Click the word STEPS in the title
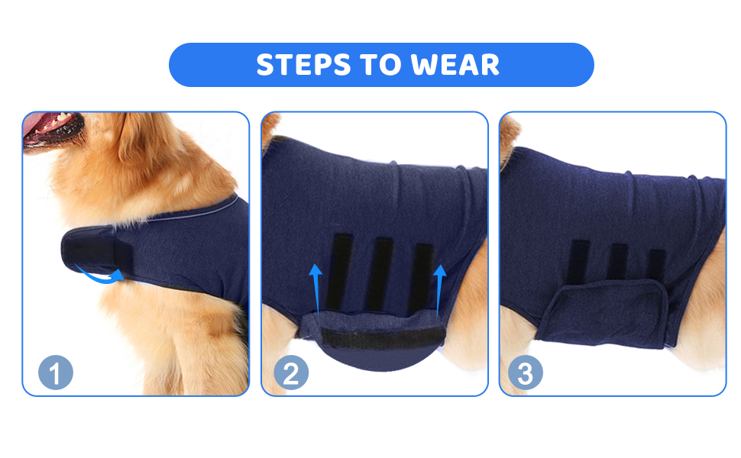click(x=303, y=65)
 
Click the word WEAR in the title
click(x=455, y=65)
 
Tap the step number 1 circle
click(x=56, y=372)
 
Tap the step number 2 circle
click(x=291, y=372)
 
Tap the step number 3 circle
click(x=526, y=372)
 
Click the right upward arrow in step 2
click(x=439, y=289)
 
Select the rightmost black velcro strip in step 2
click(x=421, y=279)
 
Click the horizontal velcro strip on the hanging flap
click(x=383, y=339)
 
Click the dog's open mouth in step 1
click(x=52, y=127)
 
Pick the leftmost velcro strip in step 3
click(x=578, y=262)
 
